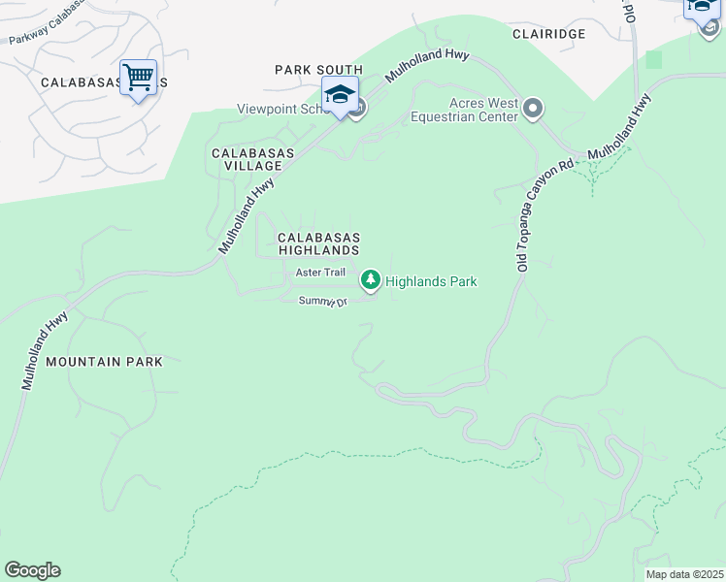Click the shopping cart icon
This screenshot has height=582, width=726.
coord(138,77)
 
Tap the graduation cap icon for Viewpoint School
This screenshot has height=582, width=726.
coord(340,95)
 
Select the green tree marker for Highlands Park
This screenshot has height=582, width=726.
coord(370,280)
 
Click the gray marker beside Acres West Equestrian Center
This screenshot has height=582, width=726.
coord(532,109)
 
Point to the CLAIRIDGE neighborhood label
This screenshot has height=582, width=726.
coord(549,33)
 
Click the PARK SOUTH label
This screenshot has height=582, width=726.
coord(318,70)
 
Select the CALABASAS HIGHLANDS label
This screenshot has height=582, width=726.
coord(319,243)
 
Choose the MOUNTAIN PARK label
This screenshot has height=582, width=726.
coord(103,362)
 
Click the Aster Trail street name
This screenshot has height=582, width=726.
coord(320,273)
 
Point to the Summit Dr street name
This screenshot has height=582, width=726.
coord(322,302)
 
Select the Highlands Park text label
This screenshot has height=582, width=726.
coord(431,281)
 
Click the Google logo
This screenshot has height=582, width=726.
coord(32,570)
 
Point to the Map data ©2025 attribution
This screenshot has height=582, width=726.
coord(683,574)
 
